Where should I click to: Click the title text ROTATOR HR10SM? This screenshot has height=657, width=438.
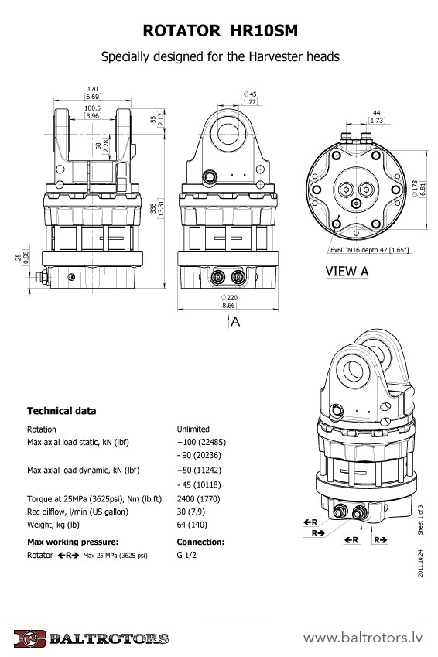tap(220, 31)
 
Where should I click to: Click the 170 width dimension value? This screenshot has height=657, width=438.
tap(93, 89)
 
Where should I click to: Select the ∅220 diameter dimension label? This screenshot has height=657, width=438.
tap(229, 297)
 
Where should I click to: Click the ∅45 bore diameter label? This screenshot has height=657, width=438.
tap(250, 94)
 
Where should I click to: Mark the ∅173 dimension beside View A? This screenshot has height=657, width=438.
tap(415, 189)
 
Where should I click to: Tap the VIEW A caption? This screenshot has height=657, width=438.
tap(347, 272)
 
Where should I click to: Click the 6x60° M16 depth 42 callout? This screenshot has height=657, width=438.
tap(369, 250)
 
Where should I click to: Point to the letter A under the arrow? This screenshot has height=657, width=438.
tap(235, 322)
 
